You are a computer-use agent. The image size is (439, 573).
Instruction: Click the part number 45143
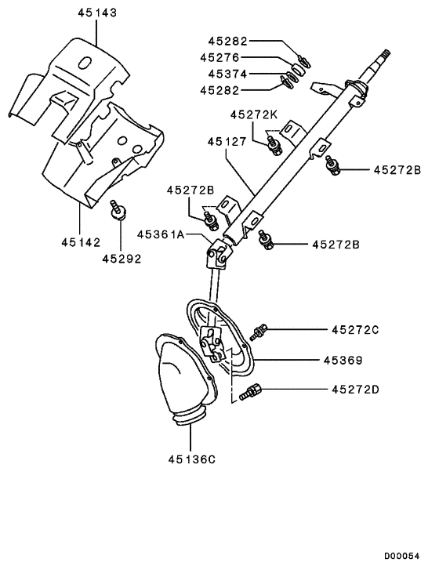coord(96,13)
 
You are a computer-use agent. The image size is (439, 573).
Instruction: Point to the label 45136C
coord(190,459)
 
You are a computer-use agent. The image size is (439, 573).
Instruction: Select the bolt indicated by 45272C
coord(261,332)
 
